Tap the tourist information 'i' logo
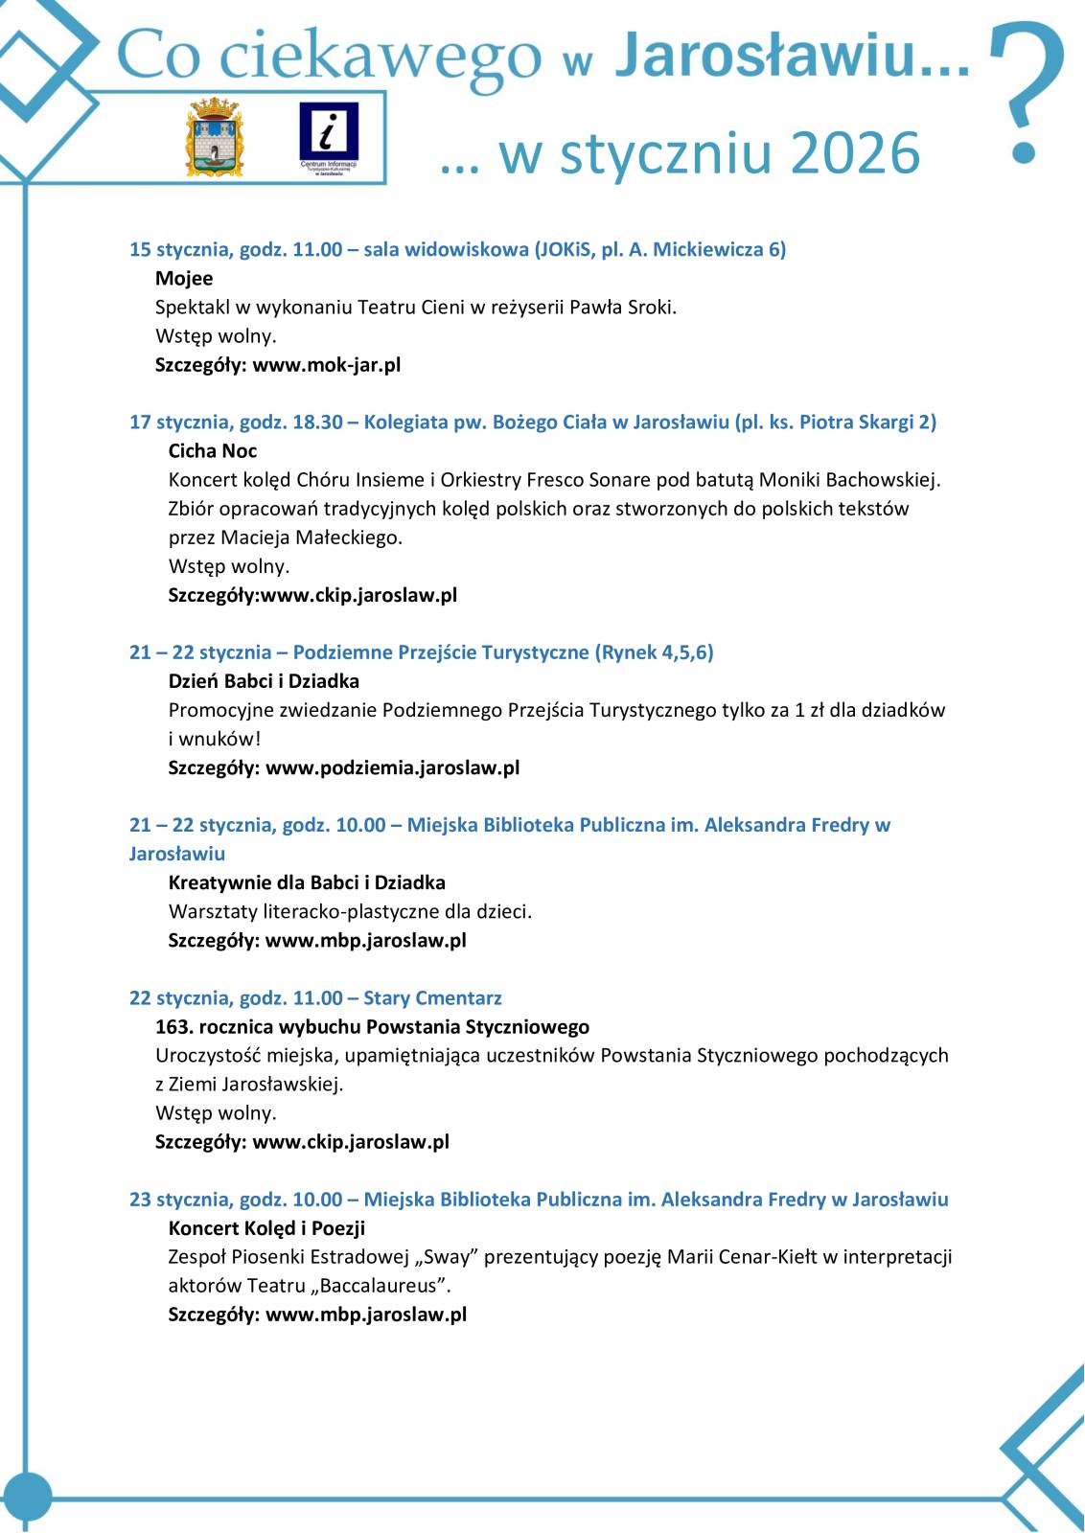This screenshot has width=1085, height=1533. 328,135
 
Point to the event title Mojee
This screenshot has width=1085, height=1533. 184,279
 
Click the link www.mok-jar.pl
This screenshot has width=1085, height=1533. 327,365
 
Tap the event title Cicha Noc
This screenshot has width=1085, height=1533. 213,451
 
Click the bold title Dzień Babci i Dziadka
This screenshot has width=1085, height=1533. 264,681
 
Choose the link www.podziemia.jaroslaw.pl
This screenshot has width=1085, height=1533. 392,767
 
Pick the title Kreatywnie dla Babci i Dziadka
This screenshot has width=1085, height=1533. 307,882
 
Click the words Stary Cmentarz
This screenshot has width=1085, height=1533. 432,998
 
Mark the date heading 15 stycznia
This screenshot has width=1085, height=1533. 178,250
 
